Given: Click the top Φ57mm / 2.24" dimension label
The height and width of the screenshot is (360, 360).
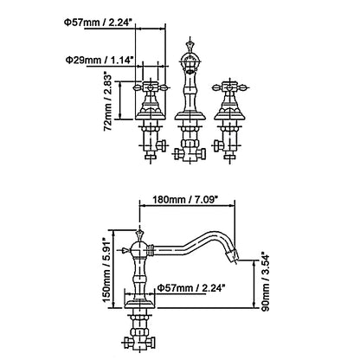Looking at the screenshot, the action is (x=100, y=22).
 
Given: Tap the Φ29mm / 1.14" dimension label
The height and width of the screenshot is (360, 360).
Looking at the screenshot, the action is (x=100, y=61).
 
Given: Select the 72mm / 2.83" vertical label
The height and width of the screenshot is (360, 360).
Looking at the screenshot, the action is (x=107, y=101).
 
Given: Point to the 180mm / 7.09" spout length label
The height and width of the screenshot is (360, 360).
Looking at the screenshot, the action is (x=185, y=199).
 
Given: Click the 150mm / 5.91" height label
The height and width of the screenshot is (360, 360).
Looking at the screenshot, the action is (x=107, y=270).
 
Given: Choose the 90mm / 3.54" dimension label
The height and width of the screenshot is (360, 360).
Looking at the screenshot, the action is (x=265, y=281).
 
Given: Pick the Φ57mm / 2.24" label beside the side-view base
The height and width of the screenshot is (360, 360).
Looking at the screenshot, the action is (x=191, y=287).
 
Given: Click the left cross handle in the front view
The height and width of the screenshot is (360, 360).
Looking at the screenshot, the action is (x=150, y=87).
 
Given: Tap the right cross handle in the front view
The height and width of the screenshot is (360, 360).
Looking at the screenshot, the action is (x=229, y=87).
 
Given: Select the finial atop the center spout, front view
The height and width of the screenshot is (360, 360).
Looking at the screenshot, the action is (x=190, y=46).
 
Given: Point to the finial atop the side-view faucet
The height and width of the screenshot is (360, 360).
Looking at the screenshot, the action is (x=139, y=235).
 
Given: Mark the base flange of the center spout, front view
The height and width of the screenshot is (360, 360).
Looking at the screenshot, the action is (x=190, y=116).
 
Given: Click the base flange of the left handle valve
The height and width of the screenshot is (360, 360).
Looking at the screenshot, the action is (x=150, y=116).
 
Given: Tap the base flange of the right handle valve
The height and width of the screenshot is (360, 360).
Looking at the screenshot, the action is (x=229, y=116).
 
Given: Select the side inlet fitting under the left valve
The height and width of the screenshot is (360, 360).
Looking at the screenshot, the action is (x=162, y=145).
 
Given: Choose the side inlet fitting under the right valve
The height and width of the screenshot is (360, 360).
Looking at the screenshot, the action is (x=218, y=145).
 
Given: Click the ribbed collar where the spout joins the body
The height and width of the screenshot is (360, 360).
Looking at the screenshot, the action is (x=150, y=250).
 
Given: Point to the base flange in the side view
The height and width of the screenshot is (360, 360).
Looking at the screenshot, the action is (x=139, y=304).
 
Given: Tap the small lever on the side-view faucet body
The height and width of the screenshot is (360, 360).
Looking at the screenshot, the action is (x=125, y=250).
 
